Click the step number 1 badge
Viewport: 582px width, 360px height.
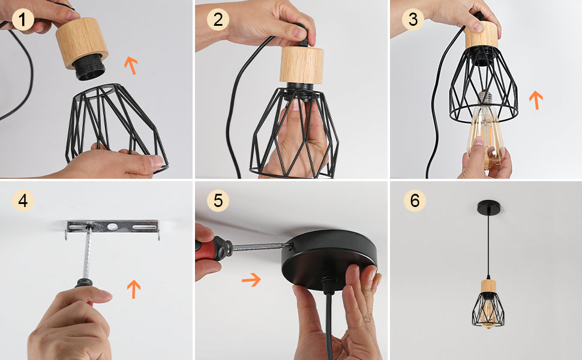pyautogui.click(x=23, y=20)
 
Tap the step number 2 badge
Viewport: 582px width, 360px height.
pyautogui.click(x=218, y=19)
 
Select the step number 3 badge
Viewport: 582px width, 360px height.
pyautogui.click(x=413, y=19)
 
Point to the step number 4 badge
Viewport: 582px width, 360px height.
pyautogui.click(x=23, y=201)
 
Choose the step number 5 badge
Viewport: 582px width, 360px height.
pyautogui.click(x=218, y=201)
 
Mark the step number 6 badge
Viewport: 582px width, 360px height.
pyautogui.click(x=415, y=201)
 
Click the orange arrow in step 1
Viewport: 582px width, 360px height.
pyautogui.click(x=131, y=65)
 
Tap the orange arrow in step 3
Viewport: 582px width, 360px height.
pyautogui.click(x=536, y=100)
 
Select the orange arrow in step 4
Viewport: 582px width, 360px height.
pyautogui.click(x=134, y=289)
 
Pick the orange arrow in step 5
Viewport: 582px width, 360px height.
pyautogui.click(x=251, y=280)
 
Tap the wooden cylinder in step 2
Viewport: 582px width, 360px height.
pyautogui.click(x=301, y=65)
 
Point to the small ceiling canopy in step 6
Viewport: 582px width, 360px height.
pyautogui.click(x=488, y=207)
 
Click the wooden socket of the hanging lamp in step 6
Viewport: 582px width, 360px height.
pyautogui.click(x=488, y=286)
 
